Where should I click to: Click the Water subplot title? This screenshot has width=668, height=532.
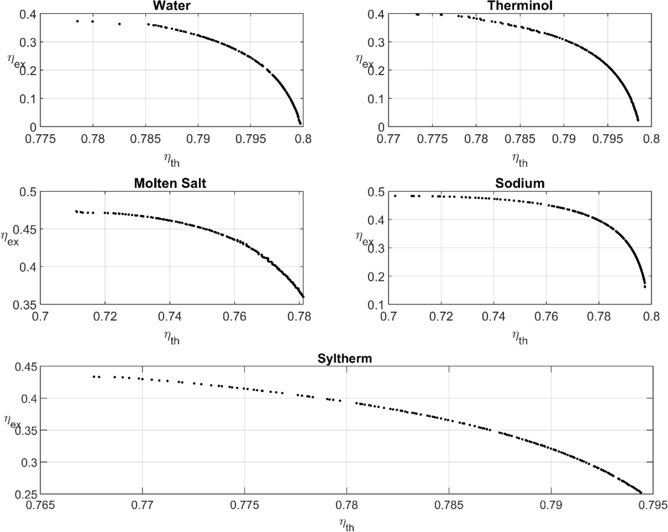171,6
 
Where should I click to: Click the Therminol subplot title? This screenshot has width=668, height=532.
520,6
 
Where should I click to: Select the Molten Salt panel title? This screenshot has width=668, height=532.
170,183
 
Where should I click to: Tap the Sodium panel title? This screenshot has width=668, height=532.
520,183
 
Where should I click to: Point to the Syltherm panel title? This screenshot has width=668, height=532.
344,358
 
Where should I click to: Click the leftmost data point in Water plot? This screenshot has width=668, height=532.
77,21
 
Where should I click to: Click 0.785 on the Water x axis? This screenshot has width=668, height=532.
145,139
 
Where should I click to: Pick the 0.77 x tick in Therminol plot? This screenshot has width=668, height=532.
388,139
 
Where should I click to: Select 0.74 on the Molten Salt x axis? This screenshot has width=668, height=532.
170,316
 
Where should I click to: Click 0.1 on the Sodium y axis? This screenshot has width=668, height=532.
376,304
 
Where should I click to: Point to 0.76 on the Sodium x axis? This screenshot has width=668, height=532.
546,316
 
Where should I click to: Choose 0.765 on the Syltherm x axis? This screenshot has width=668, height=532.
40,505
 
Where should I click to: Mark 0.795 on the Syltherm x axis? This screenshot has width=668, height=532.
653,505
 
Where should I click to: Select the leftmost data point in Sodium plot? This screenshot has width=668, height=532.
395,196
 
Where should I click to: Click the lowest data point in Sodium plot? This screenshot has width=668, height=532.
645,287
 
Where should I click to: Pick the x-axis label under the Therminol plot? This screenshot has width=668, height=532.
520,160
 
